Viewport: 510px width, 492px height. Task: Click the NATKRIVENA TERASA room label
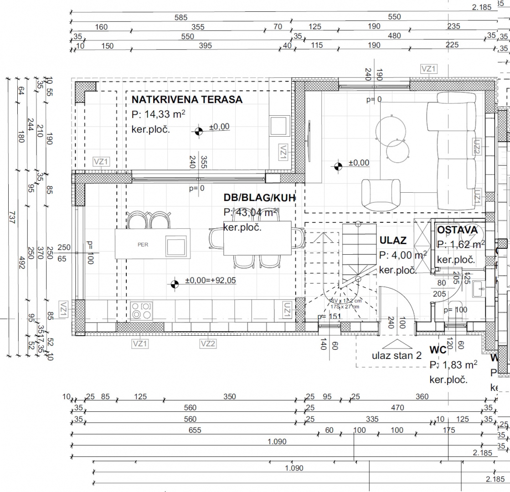187,100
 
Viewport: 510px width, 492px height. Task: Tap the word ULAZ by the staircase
393,241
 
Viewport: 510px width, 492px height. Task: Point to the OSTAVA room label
457,230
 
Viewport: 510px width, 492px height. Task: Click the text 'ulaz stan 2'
397,355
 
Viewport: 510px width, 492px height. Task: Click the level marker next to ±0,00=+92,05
174,284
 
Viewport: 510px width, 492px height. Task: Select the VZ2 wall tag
207,343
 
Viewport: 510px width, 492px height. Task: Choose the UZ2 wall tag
477,147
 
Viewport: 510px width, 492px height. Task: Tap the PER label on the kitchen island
143,245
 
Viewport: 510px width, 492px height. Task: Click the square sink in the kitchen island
175,246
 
